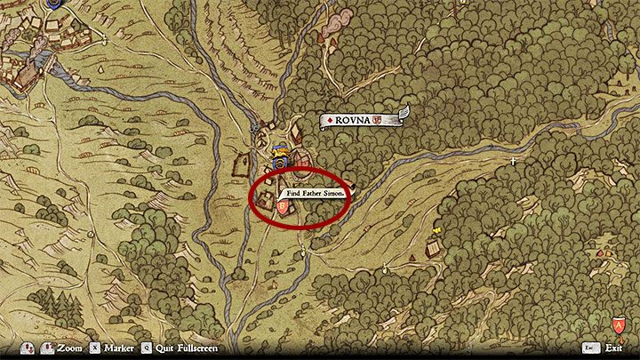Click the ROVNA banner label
pyautogui.click(x=356, y=119)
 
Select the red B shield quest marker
pyautogui.click(x=283, y=208)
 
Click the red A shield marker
pyautogui.click(x=618, y=325)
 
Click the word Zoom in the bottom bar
pyautogui.click(x=69, y=348)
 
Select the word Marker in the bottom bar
pyautogui.click(x=118, y=348)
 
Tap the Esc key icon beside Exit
pyautogui.click(x=589, y=348)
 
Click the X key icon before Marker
pyautogui.click(x=95, y=348)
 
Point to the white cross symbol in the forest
pyautogui.click(x=515, y=161)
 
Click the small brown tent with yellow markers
pyautogui.click(x=435, y=246)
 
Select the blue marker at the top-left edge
pyautogui.click(x=56, y=4)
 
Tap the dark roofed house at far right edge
pyautogui.click(x=620, y=86)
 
